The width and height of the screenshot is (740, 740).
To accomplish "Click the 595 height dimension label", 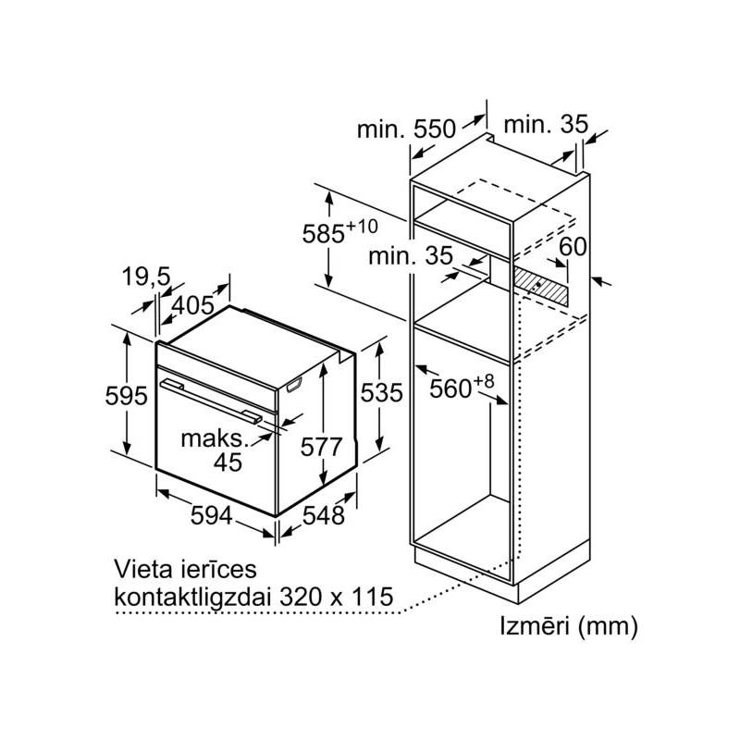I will click(127, 397).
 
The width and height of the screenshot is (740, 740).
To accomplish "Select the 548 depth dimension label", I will click(323, 515).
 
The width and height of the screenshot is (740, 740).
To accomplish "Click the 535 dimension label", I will click(382, 393).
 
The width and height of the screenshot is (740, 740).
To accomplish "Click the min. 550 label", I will click(407, 129).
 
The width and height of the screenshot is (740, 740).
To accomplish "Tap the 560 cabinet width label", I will click(457, 388).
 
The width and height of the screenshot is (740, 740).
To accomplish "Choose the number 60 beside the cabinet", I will click(573, 247).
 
